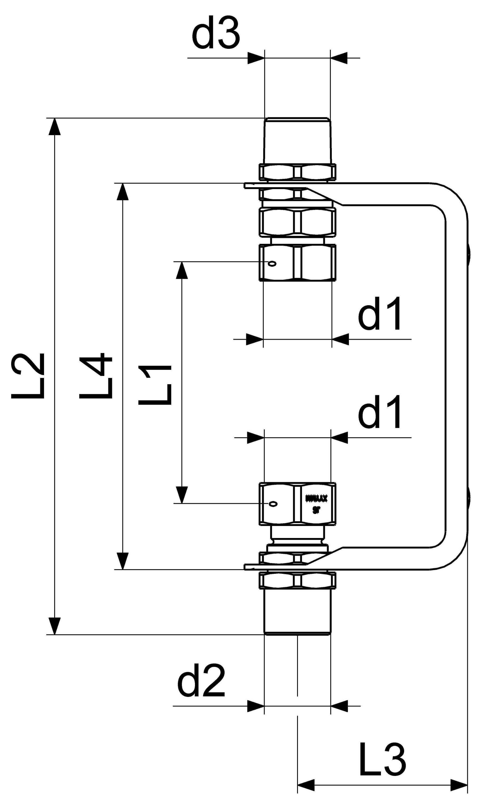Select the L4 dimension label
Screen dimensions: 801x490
[96, 376]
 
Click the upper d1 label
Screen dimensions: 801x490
[380, 314]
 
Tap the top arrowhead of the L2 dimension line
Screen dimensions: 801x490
[55, 126]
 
